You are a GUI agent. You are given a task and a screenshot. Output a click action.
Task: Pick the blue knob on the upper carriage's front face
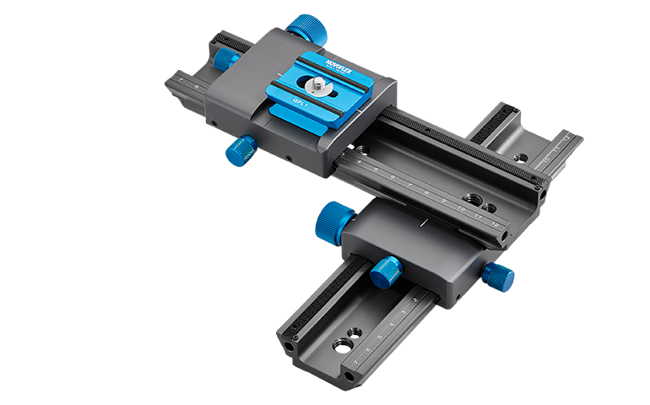pos(241,152)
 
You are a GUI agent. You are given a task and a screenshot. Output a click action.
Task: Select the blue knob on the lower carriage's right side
pos(499,274)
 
